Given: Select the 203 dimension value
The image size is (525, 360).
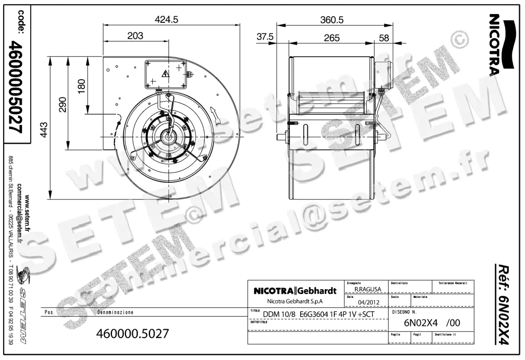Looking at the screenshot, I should [x=135, y=36].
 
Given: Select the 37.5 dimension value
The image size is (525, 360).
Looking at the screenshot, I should [x=265, y=38].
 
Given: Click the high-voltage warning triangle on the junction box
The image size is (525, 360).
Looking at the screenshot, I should [x=166, y=73].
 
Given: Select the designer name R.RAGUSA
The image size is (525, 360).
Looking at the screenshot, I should [x=367, y=289].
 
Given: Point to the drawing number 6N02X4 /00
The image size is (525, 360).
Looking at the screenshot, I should [x=431, y=324].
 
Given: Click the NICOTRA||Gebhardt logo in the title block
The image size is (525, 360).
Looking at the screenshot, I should [x=295, y=291].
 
